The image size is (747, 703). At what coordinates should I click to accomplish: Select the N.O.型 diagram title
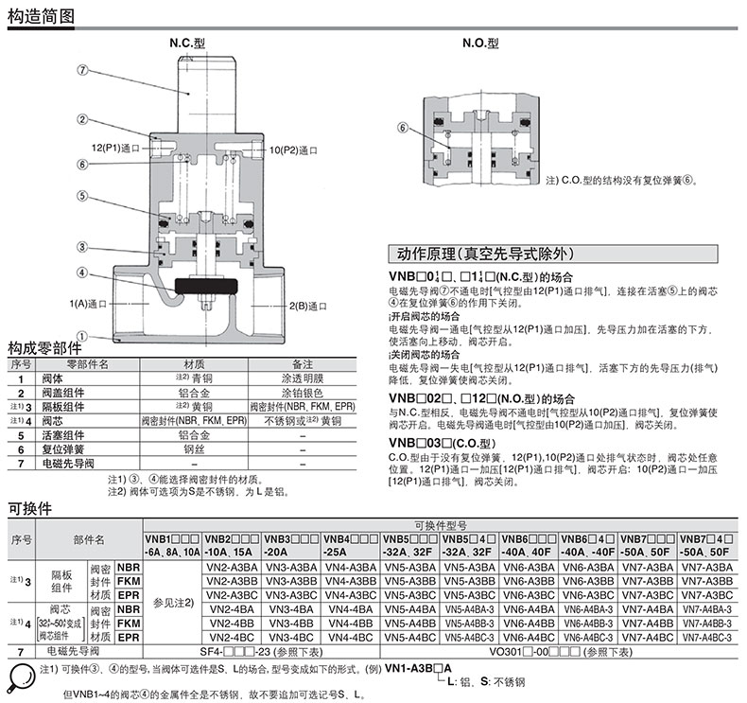click(479, 44)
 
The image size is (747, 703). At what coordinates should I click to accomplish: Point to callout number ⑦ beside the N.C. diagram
click(82, 70)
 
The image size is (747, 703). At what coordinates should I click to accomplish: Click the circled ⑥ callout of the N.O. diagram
click(403, 128)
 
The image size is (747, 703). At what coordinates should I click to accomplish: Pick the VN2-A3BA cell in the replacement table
click(233, 567)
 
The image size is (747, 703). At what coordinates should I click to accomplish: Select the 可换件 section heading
click(29, 508)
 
